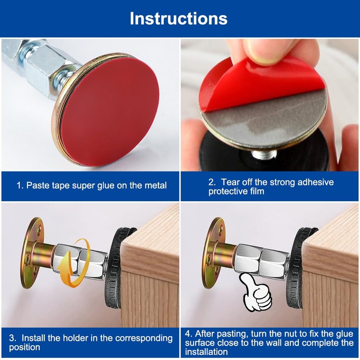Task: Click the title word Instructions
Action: (178, 18)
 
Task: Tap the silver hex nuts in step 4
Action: (262, 262)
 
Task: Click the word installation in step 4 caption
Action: (207, 352)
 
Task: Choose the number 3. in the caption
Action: (13, 338)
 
